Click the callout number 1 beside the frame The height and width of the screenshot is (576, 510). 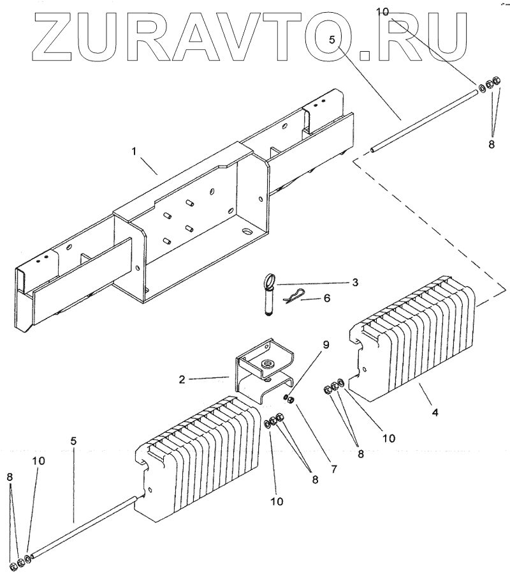[x=133, y=151]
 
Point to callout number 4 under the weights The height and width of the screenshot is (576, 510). [x=435, y=413]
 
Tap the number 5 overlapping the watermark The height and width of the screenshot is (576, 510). [x=332, y=40]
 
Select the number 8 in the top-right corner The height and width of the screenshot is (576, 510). [x=491, y=144]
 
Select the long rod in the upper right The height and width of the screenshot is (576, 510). [x=424, y=121]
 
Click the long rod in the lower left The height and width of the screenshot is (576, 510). [x=83, y=528]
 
